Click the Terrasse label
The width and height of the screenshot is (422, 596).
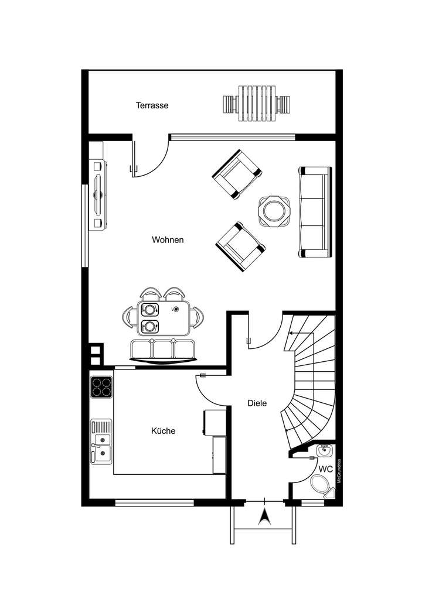point(152,106)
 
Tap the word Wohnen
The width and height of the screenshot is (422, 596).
point(168,240)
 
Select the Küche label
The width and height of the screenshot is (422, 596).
point(164,431)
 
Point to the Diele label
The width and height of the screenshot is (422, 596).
point(257,403)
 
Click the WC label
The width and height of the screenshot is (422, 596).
point(326,469)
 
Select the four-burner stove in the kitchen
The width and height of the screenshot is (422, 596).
point(101,387)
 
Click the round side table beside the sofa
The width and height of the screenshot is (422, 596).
point(274,210)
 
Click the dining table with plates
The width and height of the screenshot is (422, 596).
point(164,317)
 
